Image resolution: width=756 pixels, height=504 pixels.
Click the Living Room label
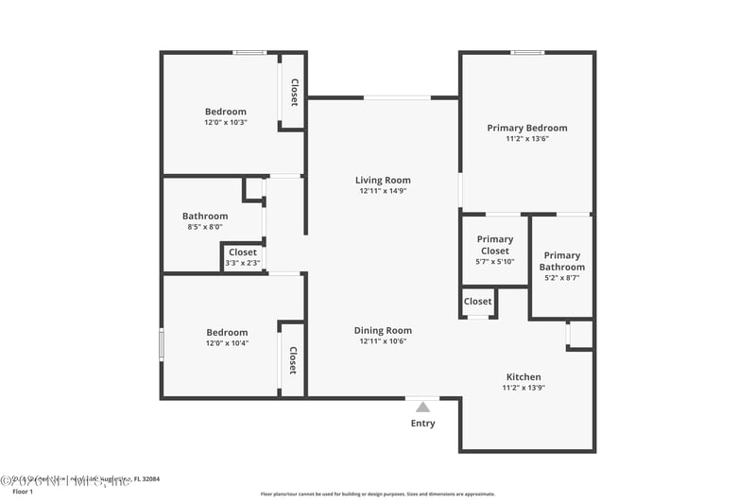point(383,180)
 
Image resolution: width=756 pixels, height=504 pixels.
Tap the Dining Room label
point(383,330)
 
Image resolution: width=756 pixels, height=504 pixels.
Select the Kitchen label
point(524,376)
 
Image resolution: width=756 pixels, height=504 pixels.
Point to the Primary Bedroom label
point(526,128)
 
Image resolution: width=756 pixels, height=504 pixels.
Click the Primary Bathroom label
point(561,261)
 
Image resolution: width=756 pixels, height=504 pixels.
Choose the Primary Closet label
point(495,245)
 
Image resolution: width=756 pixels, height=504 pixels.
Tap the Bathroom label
point(205,216)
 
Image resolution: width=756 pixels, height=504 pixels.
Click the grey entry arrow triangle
point(423,407)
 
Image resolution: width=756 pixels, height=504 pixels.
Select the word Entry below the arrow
point(423,424)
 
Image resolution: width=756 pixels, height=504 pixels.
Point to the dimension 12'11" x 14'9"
point(383,191)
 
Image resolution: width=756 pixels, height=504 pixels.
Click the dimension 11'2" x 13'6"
point(526,139)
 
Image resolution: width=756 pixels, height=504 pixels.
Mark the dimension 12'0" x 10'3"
point(226,123)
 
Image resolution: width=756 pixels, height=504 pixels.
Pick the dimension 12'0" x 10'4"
point(227,343)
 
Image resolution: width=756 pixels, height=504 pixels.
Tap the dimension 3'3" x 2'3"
point(242,263)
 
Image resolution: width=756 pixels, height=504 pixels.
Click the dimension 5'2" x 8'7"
point(561,278)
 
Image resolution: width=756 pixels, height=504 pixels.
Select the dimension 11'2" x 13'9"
point(524,388)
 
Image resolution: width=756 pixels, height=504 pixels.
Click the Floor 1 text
point(22,492)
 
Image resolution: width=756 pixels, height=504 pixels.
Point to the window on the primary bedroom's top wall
point(527,53)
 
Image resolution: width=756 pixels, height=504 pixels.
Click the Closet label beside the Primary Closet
point(478,302)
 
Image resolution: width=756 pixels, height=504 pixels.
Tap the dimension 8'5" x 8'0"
point(205,227)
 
